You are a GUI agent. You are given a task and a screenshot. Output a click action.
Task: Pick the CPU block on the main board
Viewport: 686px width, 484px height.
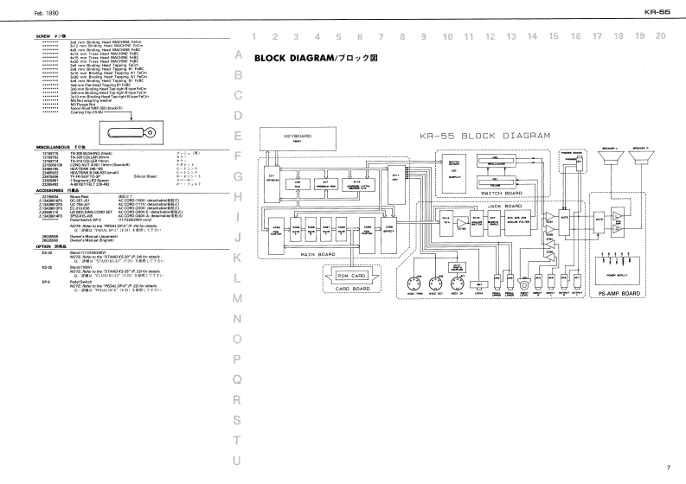click(394, 177)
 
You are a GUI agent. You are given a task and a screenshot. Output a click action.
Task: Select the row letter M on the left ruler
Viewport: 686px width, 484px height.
click(238, 297)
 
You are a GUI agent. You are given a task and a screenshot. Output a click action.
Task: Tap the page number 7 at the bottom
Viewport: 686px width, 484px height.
click(668, 468)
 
